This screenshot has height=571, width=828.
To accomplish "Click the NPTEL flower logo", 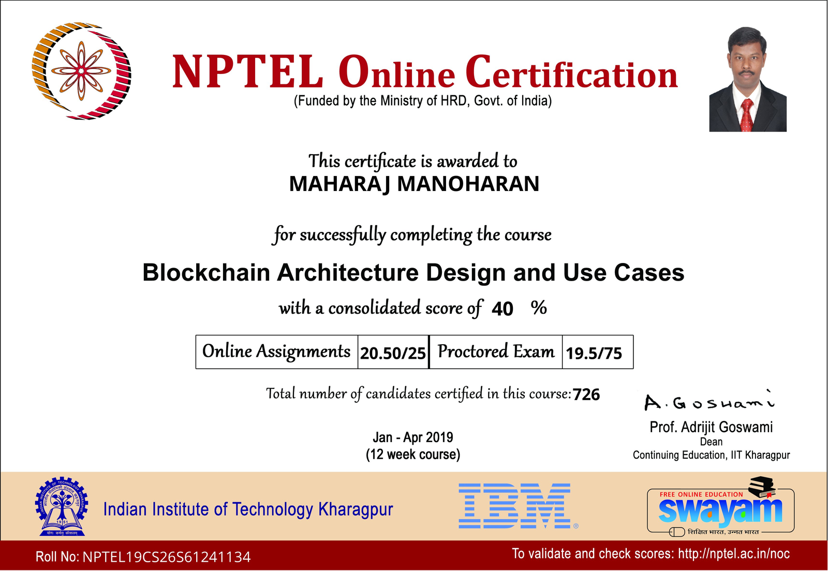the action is tap(81, 70).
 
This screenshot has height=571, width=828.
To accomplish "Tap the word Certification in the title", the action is tap(571, 72).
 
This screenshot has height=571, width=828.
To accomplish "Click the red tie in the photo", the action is tap(747, 115).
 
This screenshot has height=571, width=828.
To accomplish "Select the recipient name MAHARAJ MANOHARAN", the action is tap(414, 184).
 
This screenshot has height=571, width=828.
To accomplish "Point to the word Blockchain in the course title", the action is tap(206, 272).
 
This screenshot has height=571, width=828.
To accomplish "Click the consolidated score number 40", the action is tap(502, 309).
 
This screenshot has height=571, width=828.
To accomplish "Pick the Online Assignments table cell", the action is tap(276, 352).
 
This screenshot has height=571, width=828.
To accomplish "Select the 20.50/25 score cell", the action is tap(393, 352).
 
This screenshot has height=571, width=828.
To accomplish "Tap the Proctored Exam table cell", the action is tap(496, 352).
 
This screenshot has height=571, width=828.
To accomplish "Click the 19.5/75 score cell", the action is tap(598, 352).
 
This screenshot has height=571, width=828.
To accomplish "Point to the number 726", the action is tap(586, 394).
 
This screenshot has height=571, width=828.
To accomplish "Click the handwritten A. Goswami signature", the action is tap(709, 401).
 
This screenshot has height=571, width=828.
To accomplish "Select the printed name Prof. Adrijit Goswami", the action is tap(711, 427).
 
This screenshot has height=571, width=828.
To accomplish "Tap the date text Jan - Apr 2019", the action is tap(413, 437).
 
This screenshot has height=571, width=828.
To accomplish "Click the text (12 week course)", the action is tap(413, 455).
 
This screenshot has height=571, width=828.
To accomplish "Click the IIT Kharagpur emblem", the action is tap(62, 506).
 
